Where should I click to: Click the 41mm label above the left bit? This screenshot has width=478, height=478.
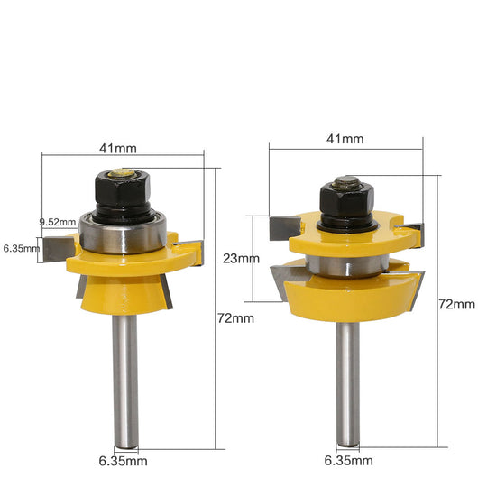(118, 149)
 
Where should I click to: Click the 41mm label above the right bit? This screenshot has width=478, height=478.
(345, 139)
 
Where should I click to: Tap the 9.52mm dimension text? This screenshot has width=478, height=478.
(58, 222)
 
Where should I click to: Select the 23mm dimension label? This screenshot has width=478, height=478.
(241, 259)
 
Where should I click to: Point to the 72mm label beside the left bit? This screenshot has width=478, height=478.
(235, 318)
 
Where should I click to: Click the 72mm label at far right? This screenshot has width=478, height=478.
(456, 304)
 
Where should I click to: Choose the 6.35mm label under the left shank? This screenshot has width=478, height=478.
(123, 461)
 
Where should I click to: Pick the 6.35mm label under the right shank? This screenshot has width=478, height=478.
(348, 460)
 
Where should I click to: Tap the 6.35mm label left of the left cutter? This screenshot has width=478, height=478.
(22, 248)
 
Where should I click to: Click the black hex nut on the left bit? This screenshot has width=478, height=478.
(123, 189)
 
